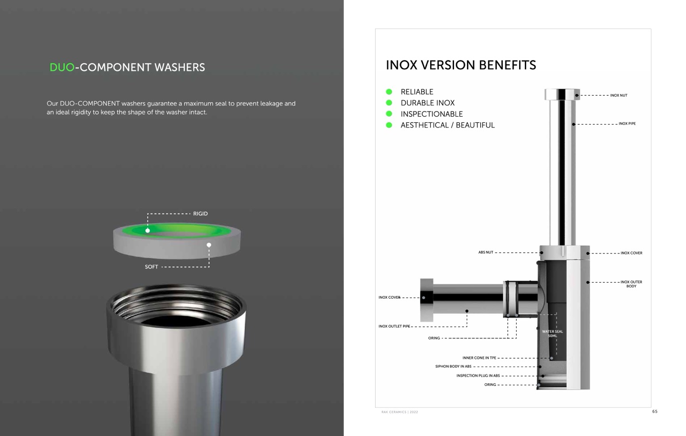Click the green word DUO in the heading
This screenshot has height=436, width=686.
(x=62, y=67)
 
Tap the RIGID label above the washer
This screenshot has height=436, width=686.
(x=200, y=214)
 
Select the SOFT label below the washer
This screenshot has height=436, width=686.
(x=151, y=267)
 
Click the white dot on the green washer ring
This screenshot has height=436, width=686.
(x=148, y=230)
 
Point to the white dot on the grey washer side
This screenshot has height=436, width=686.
(x=209, y=245)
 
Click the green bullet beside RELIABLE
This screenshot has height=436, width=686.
(x=389, y=92)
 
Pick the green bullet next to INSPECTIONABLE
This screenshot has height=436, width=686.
(x=389, y=114)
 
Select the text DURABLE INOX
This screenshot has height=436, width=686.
(x=428, y=103)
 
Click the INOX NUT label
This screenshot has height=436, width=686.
(x=619, y=95)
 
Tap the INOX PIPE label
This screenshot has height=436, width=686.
(x=627, y=124)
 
